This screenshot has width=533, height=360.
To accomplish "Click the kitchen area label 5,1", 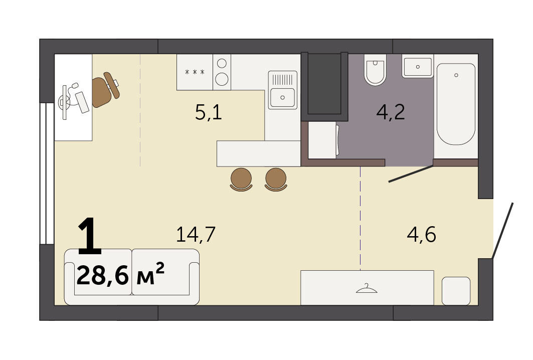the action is [209, 112].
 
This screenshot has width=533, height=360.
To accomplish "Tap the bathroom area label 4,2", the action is [391, 112].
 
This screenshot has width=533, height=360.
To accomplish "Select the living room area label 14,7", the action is [196, 235].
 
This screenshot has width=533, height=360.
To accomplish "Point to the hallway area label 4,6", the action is [422, 235].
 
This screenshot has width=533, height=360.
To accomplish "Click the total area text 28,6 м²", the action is [121, 275].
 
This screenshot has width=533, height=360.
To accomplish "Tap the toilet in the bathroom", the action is [375, 70].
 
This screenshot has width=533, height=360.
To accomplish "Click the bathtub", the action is [456, 104].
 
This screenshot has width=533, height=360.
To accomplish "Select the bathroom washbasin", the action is [418, 67].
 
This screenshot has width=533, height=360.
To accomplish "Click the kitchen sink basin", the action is [282, 97].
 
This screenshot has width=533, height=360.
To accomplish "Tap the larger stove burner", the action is [222, 79].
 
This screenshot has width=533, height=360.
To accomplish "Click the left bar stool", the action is [241, 179].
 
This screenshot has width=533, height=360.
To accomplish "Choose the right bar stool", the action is [276, 179].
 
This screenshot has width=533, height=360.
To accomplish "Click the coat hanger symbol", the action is [367, 289].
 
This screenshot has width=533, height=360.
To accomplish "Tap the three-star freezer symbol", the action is [195, 72].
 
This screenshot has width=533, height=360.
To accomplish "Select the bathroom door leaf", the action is [411, 173].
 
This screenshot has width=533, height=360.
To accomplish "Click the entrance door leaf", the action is [503, 230].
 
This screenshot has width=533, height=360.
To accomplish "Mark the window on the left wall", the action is [47, 173].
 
